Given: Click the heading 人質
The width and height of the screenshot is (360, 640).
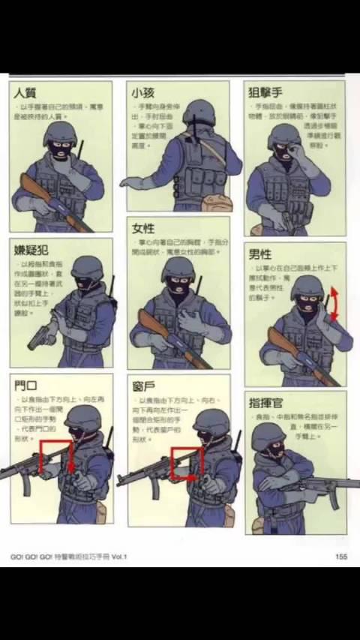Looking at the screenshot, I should [27, 94].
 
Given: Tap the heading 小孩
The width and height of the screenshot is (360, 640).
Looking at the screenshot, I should [143, 94].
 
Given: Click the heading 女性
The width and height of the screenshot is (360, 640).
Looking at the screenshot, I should [143, 229].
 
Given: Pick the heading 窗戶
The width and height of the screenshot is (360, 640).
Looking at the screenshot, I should [143, 386].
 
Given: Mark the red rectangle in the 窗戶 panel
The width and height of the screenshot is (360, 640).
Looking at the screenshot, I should [186, 463].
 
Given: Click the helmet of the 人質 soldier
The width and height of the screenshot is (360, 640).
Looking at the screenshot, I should [60, 134].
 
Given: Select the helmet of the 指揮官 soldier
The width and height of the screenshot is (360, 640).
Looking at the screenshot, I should [268, 435].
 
